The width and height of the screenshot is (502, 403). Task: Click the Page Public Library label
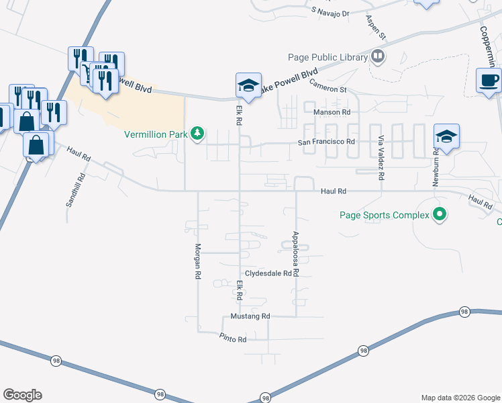tap(326, 57)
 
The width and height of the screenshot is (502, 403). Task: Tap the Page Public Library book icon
tap(378, 56)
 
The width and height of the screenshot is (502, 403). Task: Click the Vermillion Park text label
tap(156, 134)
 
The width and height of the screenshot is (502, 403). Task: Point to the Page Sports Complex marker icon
tap(440, 215)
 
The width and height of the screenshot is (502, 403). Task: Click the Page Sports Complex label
tap(384, 216)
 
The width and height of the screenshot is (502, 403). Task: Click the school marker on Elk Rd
tap(248, 86)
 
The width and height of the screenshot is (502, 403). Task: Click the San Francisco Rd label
tap(326, 142)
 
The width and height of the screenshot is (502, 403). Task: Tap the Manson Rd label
tap(336, 112)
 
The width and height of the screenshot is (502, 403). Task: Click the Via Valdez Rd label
tap(381, 158)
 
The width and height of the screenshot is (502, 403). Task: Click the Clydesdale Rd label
tap(271, 273)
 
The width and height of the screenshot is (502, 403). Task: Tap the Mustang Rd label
tap(250, 316)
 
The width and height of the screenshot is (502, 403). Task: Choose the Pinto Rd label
tap(234, 339)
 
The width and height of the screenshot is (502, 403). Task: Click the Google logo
tap(22, 395)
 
